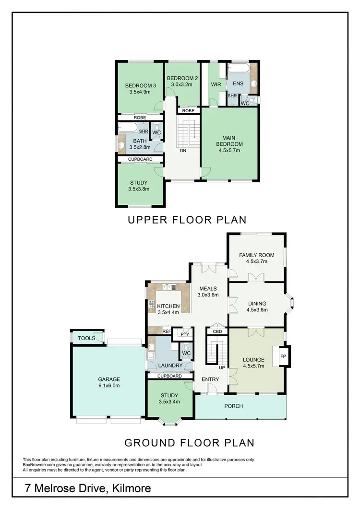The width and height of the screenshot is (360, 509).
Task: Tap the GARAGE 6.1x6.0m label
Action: click(x=109, y=382)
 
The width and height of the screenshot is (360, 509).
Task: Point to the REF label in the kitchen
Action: click(x=167, y=331)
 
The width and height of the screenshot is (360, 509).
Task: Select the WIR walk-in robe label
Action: click(x=215, y=83)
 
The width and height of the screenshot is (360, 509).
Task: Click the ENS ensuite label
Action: click(x=238, y=83)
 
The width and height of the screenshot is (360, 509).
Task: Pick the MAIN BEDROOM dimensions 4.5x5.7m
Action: click(x=229, y=150)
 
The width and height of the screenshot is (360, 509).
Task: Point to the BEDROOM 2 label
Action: click(x=182, y=78)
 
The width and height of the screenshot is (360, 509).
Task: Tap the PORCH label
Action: click(x=234, y=406)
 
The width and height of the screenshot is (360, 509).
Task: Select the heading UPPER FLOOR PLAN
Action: click(x=187, y=220)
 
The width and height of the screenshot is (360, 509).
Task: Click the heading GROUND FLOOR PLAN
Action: click(x=189, y=442)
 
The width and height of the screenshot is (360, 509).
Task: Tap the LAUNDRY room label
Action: click(x=170, y=366)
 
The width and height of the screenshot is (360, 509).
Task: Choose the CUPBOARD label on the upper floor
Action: click(x=140, y=159)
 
